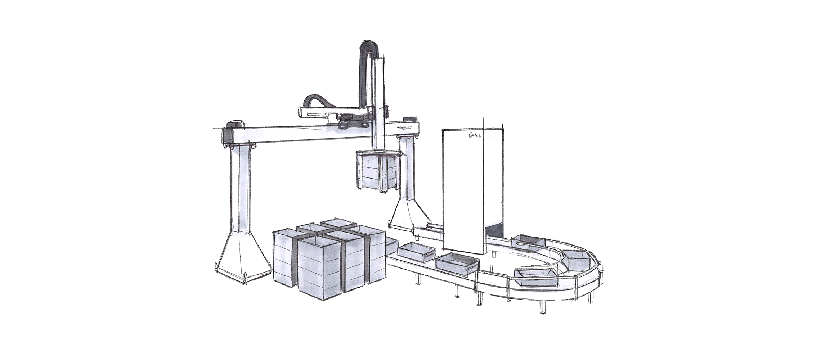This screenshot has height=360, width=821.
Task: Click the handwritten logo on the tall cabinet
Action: click(476, 136)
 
